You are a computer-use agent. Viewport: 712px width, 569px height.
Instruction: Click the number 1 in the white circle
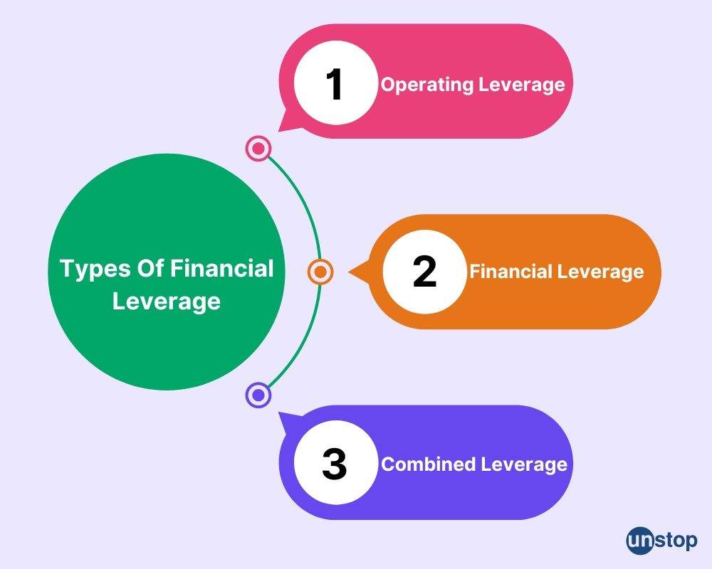(335, 84)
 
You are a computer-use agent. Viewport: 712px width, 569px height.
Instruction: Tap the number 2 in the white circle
(424, 271)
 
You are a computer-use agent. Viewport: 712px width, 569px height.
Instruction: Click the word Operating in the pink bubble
(427, 85)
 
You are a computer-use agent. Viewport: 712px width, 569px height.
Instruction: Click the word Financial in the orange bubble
(511, 271)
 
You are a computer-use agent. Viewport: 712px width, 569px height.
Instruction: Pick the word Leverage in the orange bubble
(601, 272)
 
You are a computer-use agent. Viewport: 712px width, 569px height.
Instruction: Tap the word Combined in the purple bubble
(429, 464)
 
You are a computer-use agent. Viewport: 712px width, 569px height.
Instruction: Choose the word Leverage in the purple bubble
(524, 464)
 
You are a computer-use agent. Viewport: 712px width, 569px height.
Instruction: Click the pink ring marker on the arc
(258, 149)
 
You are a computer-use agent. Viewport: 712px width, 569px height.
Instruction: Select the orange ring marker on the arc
(320, 272)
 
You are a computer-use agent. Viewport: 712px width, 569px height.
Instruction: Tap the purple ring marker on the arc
(258, 395)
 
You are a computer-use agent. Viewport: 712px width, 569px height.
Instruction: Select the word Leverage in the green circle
(167, 302)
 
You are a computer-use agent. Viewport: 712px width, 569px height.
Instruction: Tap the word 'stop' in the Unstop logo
(676, 541)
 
